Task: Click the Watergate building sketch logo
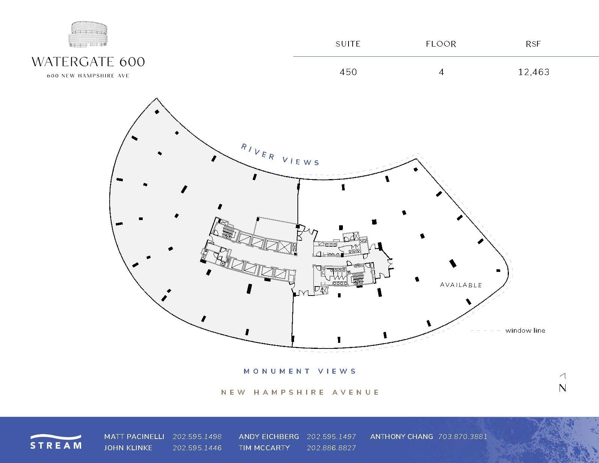tap(88, 35)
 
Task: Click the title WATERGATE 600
tap(88, 62)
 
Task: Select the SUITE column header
tap(348, 44)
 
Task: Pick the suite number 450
tap(348, 72)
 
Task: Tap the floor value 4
tap(441, 72)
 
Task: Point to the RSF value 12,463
tap(534, 72)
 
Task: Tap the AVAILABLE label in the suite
tap(461, 285)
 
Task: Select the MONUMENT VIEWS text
tap(300, 371)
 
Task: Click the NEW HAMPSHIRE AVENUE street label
tap(300, 392)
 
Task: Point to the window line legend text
tap(525, 330)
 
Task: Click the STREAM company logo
tap(56, 442)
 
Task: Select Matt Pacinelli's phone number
tap(197, 437)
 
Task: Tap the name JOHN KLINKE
tap(128, 448)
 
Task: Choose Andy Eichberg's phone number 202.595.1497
tap(331, 437)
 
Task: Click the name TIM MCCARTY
tap(264, 448)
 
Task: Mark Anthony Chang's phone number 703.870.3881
tap(463, 437)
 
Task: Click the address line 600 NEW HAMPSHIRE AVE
tap(88, 75)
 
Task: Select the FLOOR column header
tap(441, 44)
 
